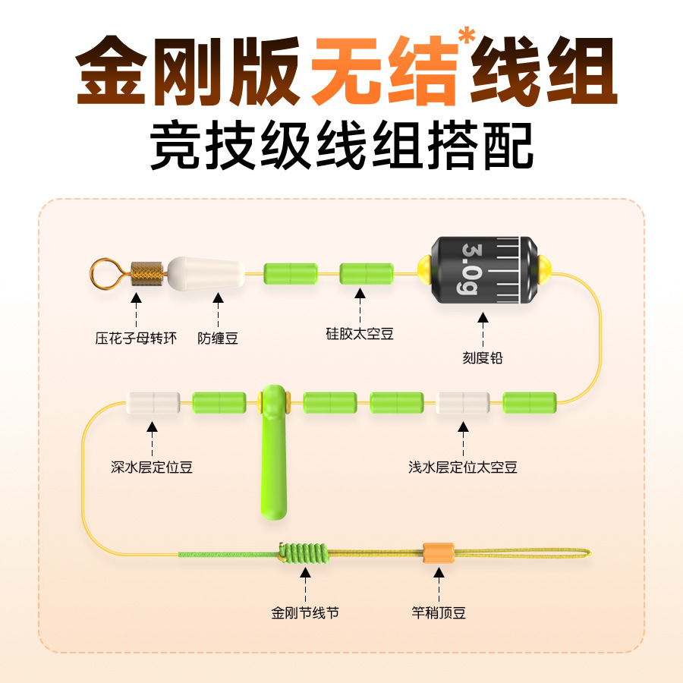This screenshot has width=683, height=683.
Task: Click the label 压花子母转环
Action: [136, 338]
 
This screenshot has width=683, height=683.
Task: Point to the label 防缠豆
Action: [218, 338]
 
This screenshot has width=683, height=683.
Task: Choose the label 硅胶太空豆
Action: [360, 333]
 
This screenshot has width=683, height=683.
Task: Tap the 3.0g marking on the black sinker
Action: [471, 270]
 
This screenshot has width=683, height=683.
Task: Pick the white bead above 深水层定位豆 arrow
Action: [153, 402]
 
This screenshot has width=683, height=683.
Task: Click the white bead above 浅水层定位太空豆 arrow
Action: [463, 402]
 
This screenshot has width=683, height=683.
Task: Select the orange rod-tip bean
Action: [438, 553]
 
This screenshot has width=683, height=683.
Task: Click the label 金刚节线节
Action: [305, 612]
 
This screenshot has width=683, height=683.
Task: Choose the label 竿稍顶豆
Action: [439, 612]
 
